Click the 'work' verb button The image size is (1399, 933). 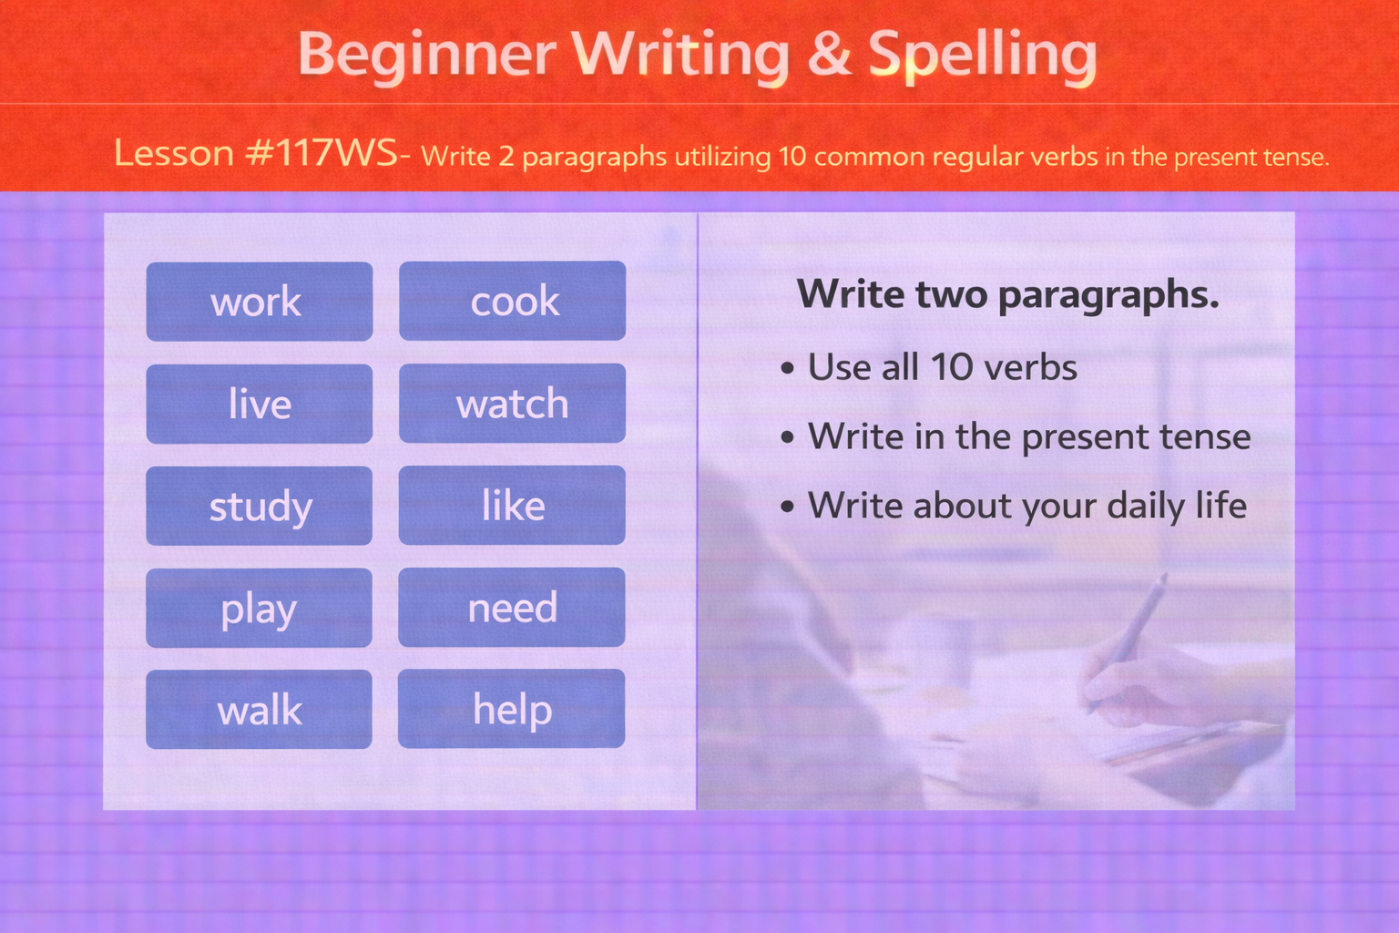tap(259, 302)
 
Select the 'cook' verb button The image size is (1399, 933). tap(512, 302)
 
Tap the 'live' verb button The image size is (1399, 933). tap(259, 404)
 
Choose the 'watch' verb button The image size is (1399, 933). tap(512, 404)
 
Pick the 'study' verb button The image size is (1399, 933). tap(259, 506)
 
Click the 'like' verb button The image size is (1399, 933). tap(512, 506)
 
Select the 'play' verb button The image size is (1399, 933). tap(259, 608)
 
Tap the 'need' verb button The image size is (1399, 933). tap(512, 608)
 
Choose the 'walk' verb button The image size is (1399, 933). tap(259, 710)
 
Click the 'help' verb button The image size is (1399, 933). tap(512, 710)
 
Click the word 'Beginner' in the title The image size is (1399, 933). tap(426, 55)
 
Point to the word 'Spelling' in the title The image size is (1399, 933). tap(982, 55)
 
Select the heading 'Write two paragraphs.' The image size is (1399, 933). tap(1007, 294)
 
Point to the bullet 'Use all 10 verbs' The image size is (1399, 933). tap(942, 367)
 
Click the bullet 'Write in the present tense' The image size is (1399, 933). tap(1028, 436)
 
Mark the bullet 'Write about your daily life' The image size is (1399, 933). tap(1026, 506)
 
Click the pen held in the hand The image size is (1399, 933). tap(1129, 638)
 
